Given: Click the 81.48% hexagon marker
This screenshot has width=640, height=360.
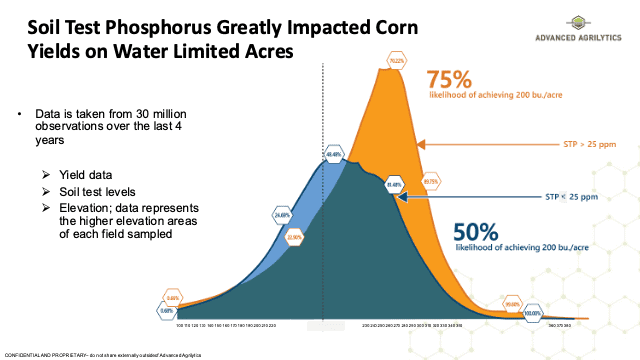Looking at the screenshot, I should (392, 185).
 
